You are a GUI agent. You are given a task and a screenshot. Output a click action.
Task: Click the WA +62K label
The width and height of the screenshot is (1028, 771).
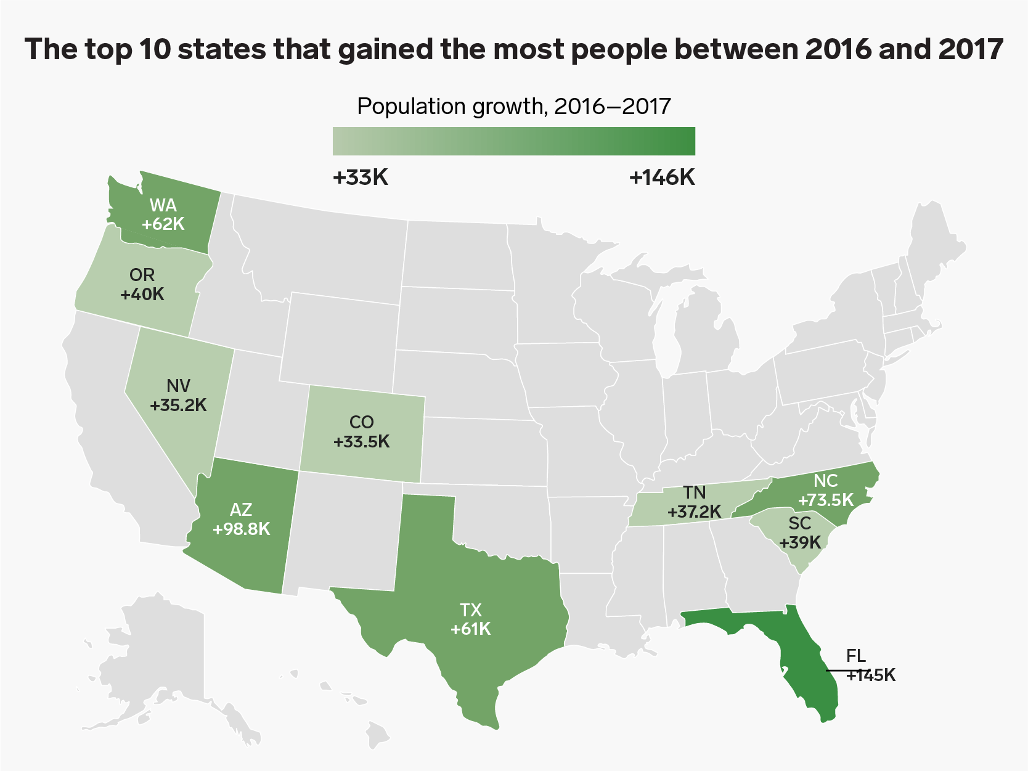pyautogui.click(x=163, y=214)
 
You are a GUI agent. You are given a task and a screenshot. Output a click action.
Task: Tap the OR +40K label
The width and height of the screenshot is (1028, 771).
pyautogui.click(x=142, y=285)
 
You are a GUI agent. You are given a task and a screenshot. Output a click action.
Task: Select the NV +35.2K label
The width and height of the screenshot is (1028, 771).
pyautogui.click(x=178, y=396)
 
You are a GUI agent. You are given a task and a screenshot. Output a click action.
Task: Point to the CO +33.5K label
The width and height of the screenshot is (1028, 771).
pyautogui.click(x=362, y=431)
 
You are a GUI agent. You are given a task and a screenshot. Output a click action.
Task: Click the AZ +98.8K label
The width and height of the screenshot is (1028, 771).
pyautogui.click(x=241, y=519)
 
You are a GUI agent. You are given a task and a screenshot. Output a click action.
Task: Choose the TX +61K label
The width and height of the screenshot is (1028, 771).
pyautogui.click(x=471, y=619)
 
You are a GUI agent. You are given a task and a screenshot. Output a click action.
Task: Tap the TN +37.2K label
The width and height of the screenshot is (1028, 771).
pyautogui.click(x=694, y=502)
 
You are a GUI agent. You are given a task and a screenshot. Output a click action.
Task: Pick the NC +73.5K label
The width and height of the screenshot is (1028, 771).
pyautogui.click(x=826, y=490)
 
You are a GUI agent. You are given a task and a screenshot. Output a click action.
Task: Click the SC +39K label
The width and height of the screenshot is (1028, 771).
pyautogui.click(x=800, y=532)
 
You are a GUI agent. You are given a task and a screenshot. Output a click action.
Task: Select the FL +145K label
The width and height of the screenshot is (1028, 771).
pyautogui.click(x=871, y=666)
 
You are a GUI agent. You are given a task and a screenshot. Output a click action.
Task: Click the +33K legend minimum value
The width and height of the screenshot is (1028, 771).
pyautogui.click(x=361, y=178)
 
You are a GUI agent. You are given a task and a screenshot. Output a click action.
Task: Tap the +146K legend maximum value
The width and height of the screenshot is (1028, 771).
pyautogui.click(x=663, y=178)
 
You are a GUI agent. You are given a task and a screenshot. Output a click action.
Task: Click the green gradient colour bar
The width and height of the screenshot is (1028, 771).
pyautogui.click(x=514, y=141)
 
